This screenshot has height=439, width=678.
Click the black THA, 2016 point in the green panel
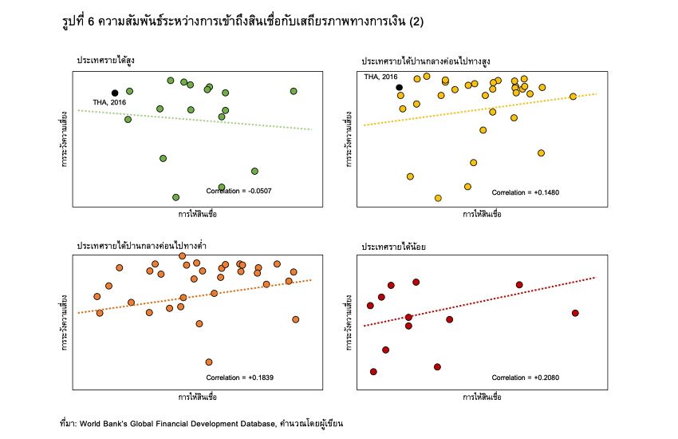pos(115,93)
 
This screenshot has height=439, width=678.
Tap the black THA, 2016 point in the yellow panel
pos(400,87)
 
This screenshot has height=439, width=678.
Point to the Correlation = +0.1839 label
pos(239,377)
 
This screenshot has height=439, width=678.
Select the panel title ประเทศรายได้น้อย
pos(393,247)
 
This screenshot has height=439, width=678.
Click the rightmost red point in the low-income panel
pos(575,313)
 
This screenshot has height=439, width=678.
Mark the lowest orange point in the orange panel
pos(209,362)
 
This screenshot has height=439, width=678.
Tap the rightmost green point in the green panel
pos(294,91)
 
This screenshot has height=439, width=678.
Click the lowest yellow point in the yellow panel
pos(438,198)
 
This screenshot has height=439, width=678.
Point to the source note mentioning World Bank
pos(206,423)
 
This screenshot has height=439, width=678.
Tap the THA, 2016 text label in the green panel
pos(109,102)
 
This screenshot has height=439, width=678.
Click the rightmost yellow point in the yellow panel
pos(573,97)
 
